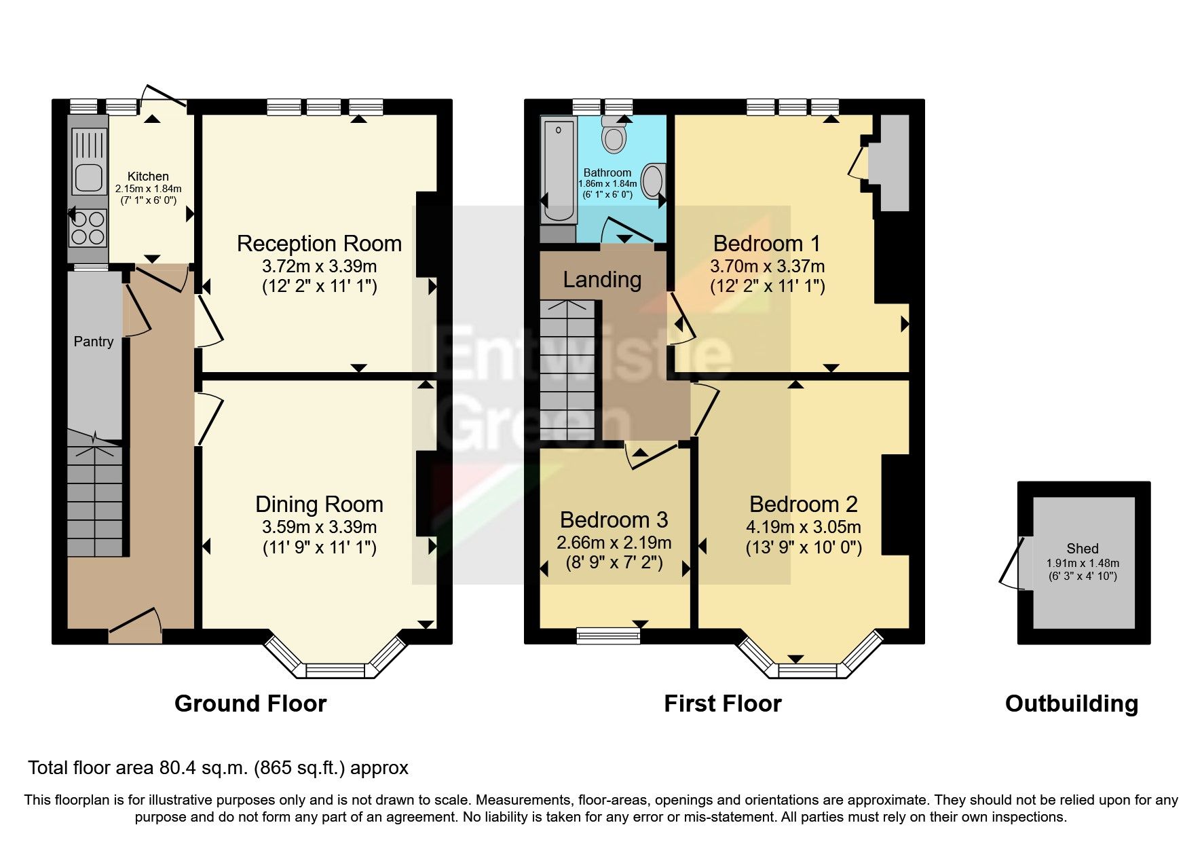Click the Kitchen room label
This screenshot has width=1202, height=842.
(x=148, y=177)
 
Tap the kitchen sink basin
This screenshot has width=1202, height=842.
(x=89, y=178)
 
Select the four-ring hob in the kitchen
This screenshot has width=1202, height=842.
(x=89, y=227)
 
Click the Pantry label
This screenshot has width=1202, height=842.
(x=94, y=342)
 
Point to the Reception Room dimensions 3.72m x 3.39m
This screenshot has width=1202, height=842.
(x=319, y=266)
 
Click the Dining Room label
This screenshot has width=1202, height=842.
(x=319, y=505)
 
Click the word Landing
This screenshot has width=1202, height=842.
(x=602, y=280)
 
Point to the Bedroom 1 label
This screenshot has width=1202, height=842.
(x=767, y=243)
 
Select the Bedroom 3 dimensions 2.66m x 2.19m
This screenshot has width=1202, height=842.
(x=614, y=543)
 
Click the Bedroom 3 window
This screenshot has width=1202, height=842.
(x=608, y=636)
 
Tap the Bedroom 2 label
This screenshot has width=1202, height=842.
(x=803, y=505)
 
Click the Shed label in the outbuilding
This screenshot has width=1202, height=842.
(x=1082, y=549)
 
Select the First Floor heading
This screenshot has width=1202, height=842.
(x=722, y=703)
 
